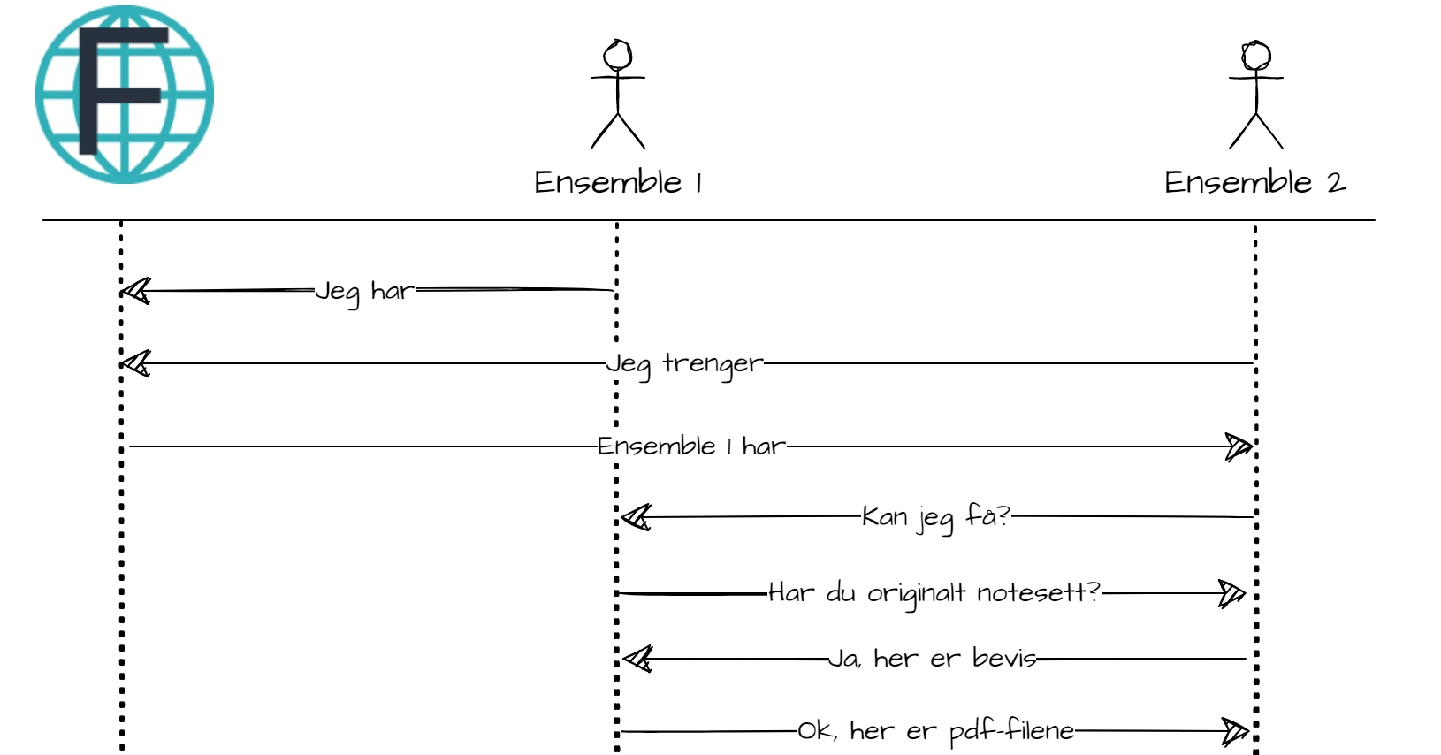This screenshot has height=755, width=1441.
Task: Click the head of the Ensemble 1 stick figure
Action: [x=618, y=55]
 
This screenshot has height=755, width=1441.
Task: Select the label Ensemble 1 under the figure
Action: [x=618, y=183]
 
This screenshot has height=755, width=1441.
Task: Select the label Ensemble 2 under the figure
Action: [x=1255, y=183]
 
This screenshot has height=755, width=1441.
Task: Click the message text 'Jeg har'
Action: [x=364, y=293]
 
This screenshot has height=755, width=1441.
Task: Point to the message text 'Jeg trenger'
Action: [x=684, y=364]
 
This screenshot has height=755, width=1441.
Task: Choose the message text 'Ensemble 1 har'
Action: [x=691, y=446]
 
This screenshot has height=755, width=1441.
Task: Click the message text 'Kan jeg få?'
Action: [x=936, y=518]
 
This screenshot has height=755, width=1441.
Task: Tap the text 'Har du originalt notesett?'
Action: [x=934, y=593]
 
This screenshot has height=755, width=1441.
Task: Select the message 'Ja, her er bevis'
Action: [x=933, y=659]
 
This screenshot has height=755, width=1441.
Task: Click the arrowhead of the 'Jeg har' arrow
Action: [x=135, y=291]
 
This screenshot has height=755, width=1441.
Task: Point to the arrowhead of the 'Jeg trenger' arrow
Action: [x=135, y=363]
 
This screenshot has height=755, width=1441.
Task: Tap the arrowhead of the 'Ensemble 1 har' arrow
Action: [x=1239, y=446]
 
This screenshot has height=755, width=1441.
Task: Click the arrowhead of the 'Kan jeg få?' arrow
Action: [x=637, y=517]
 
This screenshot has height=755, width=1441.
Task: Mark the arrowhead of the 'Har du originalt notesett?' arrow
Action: [x=1232, y=593]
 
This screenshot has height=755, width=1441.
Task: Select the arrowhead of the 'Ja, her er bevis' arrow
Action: [x=637, y=659]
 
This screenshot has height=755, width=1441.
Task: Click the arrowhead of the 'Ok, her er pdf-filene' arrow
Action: [x=1235, y=731]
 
